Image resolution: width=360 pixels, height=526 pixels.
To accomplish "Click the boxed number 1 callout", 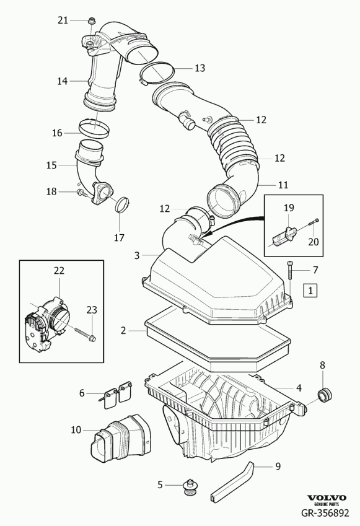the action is pos(310,290).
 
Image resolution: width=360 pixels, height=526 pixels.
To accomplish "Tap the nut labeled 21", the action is pos(91,21).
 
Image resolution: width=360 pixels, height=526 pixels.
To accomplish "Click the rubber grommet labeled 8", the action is pos(325,395).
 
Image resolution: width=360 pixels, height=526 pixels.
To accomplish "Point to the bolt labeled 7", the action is pos(290,270).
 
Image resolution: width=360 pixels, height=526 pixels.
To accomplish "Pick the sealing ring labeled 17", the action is pos(122,204).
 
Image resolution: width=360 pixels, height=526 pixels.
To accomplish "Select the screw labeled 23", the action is pos(84,333).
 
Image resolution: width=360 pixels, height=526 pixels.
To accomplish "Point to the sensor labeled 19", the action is pos(284,236).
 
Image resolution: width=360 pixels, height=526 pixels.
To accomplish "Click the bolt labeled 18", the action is pos(82,193).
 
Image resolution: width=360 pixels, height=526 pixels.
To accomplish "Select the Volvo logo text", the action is pos(327,498).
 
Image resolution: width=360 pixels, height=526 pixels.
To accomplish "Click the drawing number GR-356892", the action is pos(325,513).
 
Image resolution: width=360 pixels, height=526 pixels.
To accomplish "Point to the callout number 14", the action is pos(62,81).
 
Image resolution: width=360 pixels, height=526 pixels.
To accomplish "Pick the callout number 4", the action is pos(299,388).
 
